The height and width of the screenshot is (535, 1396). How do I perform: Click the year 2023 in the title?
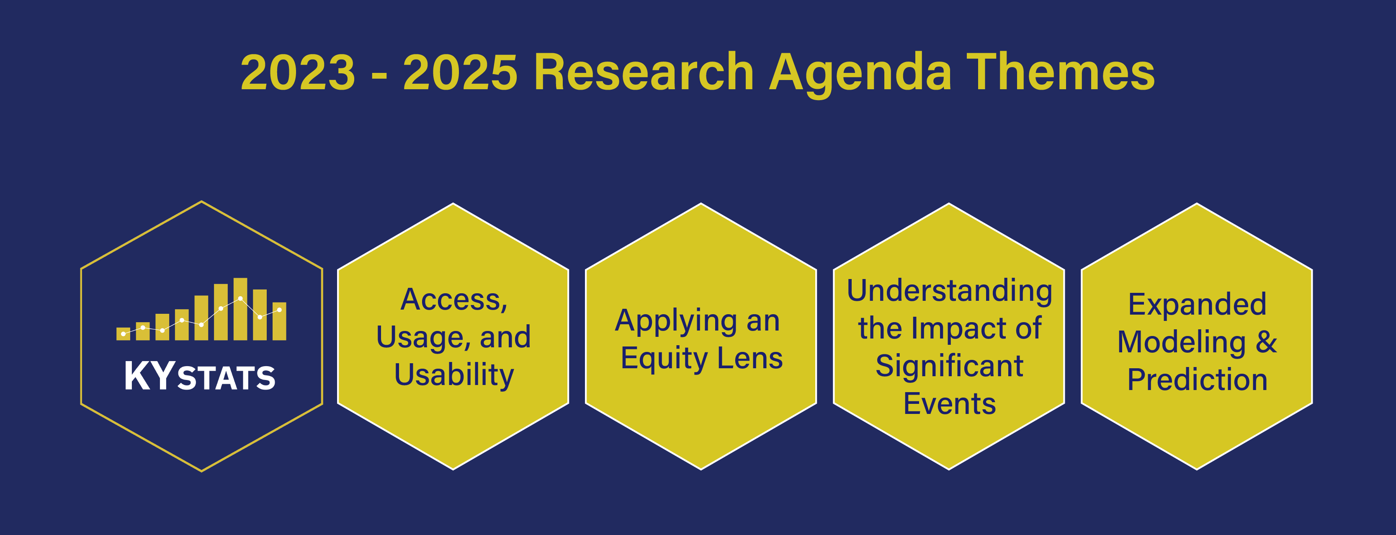click(298, 72)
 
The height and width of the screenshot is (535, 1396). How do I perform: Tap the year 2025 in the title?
click(460, 72)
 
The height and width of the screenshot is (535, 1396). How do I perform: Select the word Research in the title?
click(644, 72)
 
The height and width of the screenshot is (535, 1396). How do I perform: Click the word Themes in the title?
click(1061, 72)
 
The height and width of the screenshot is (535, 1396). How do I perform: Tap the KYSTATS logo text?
click(200, 377)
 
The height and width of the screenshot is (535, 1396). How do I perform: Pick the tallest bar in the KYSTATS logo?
click(240, 309)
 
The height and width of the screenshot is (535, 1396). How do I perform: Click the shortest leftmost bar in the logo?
click(123, 333)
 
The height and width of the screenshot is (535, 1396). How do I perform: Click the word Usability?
click(453, 375)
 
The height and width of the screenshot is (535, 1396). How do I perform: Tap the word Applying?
click(675, 321)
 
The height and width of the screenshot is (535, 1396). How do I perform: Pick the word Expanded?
click(1197, 304)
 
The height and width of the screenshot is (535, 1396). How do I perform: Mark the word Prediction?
click(1197, 380)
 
